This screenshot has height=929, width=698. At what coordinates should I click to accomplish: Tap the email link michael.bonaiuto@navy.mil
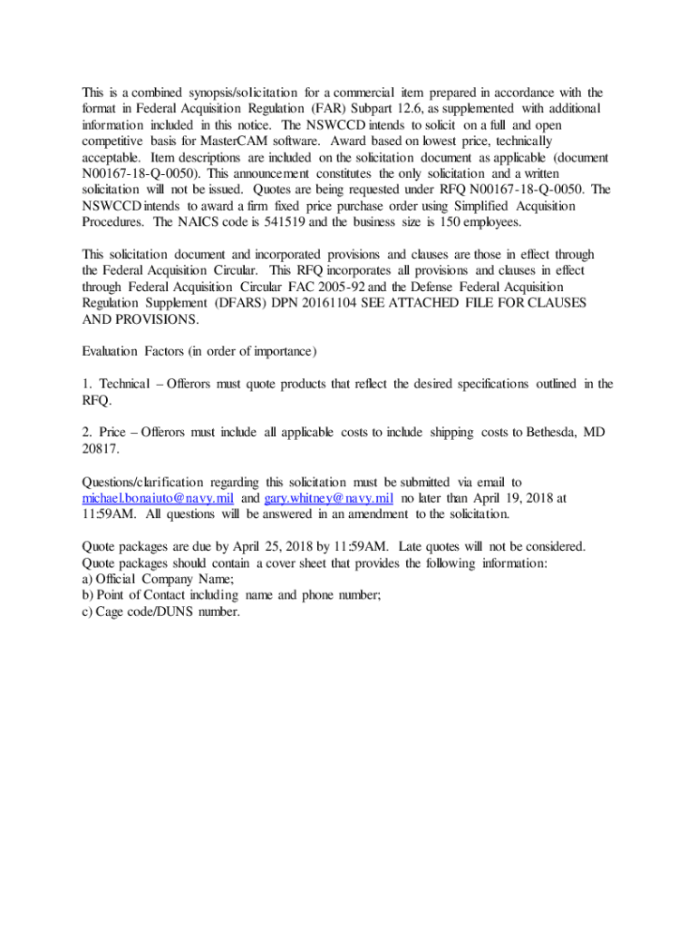[x=159, y=498]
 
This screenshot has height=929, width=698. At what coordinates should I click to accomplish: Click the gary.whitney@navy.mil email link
[x=328, y=498]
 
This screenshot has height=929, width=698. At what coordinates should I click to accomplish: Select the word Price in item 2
[x=111, y=433]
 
